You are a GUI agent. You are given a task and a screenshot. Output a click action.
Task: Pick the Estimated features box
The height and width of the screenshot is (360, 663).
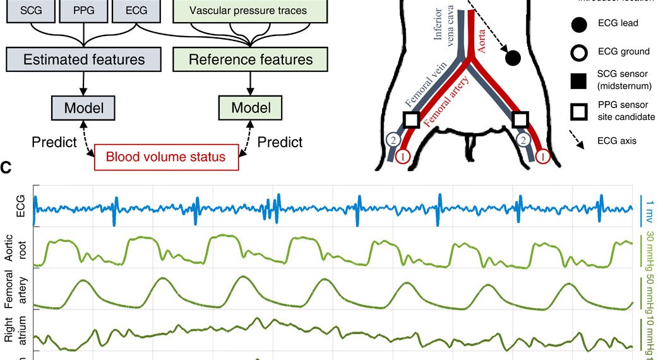pyautogui.click(x=83, y=60)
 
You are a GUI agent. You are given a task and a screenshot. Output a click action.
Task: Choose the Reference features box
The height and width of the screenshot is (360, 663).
pyautogui.click(x=251, y=60)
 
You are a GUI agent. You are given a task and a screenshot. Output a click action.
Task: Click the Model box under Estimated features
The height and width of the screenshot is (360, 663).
pyautogui.click(x=83, y=107)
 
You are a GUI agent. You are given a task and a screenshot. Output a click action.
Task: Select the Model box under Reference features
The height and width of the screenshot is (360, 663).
pyautogui.click(x=251, y=108)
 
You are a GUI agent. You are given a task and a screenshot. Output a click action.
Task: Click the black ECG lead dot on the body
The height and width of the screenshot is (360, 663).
pyautogui.click(x=513, y=58)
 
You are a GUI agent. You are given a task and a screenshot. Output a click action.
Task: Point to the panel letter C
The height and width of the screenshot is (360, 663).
pyautogui.click(x=6, y=169)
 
